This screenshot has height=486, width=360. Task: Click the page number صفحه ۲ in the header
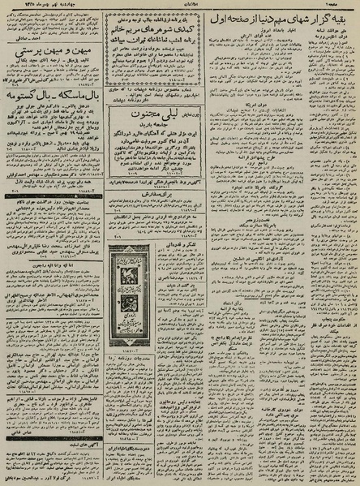click(348, 5)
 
